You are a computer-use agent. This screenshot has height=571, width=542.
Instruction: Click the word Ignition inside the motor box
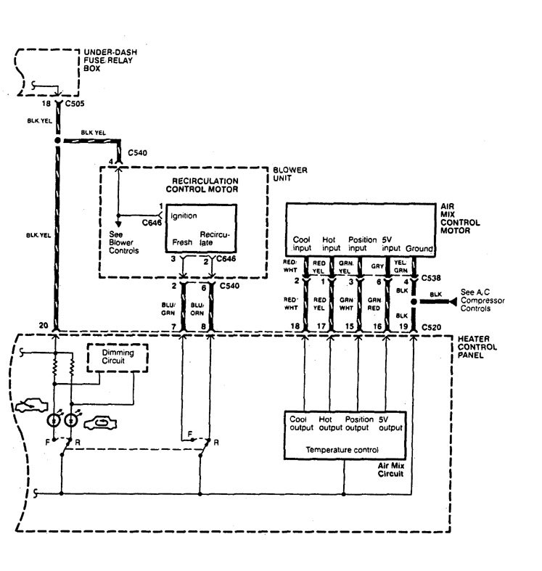[x=184, y=215]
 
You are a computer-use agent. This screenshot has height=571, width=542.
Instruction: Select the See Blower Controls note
[x=120, y=241]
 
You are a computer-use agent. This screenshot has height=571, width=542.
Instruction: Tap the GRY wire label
[x=377, y=266]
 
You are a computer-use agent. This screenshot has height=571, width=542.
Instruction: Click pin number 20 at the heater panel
[x=44, y=326]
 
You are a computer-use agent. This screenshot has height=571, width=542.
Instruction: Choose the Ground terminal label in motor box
[x=419, y=248]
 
